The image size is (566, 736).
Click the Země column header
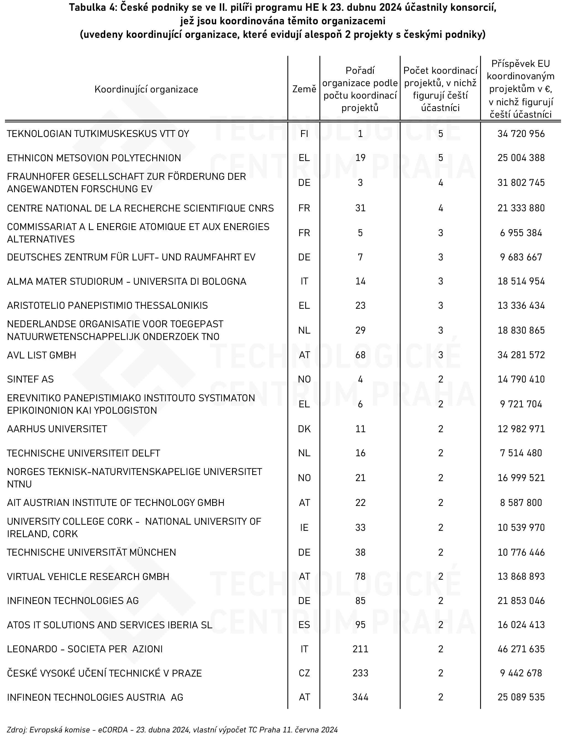[304, 89]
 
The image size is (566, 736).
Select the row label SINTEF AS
[30, 379]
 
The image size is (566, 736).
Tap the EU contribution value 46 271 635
[521, 649]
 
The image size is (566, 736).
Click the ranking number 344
[360, 697]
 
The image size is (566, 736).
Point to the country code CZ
[304, 673]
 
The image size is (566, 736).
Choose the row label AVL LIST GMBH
[41, 355]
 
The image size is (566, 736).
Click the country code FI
[304, 134]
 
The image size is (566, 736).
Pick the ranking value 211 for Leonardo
[360, 649]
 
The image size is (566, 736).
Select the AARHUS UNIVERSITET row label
[57, 429]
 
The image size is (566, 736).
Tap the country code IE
[304, 527]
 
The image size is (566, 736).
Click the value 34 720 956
[521, 134]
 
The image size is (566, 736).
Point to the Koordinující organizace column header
[146, 89]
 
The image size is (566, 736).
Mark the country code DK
[304, 429]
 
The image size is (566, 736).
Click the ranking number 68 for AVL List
[360, 355]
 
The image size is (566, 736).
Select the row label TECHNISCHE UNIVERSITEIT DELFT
[83, 453]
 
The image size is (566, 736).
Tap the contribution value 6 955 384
[521, 233]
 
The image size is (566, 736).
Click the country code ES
[304, 625]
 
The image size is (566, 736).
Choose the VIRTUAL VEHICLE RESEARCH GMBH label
[88, 577]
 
